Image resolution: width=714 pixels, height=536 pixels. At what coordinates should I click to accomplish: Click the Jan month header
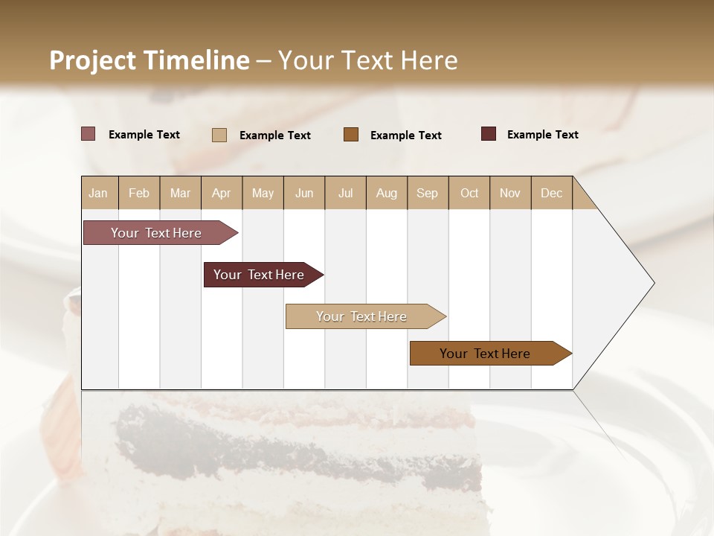coord(98,193)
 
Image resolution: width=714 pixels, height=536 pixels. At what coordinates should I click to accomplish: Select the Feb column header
coord(139,193)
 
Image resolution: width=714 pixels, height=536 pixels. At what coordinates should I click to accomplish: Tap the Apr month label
coord(221,193)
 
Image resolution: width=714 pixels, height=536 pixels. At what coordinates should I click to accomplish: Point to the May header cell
coord(263,193)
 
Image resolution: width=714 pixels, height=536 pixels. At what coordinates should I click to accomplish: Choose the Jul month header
coord(345,193)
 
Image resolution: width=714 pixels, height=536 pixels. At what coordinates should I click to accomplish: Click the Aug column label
coord(386,193)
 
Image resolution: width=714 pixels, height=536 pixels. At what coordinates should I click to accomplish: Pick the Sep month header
coord(427,193)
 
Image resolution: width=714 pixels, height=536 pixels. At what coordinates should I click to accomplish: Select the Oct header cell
coord(469,193)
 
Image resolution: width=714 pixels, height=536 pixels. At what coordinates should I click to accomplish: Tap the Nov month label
coord(509,193)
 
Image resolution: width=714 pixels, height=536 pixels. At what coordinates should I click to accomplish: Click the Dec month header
coord(551,193)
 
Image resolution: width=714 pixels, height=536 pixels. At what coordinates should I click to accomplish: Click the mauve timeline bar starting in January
coord(156,233)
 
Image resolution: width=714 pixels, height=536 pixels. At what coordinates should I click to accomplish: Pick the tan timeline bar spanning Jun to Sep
coord(361,316)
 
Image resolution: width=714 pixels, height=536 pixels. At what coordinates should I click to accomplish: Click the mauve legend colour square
coord(89,134)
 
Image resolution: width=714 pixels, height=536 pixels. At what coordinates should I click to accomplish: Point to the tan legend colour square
coord(219,135)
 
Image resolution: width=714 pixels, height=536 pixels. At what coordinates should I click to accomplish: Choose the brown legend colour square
coord(351,134)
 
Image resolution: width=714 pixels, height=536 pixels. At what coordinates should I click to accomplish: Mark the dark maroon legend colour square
coord(489,134)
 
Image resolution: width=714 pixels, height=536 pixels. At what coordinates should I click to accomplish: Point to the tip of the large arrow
coord(654,283)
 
